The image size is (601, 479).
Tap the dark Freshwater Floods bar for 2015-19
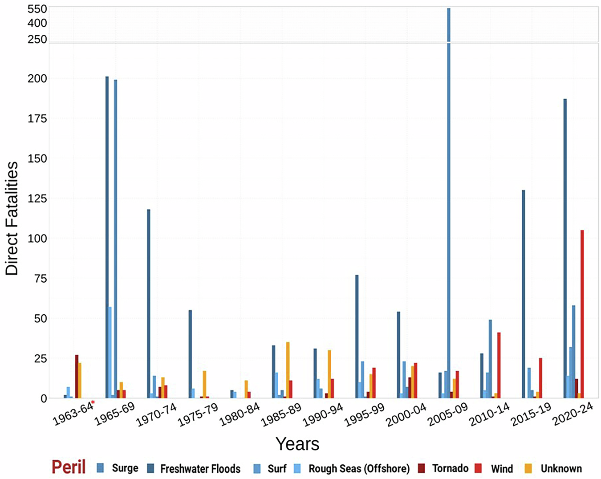click(x=524, y=294)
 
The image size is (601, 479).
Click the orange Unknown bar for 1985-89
click(x=288, y=370)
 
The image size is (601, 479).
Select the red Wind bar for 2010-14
click(x=499, y=365)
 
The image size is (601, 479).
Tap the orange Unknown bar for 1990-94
click(x=329, y=374)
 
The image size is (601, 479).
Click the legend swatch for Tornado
click(x=422, y=468)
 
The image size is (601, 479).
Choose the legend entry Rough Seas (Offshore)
click(x=359, y=469)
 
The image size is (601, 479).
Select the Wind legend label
click(x=502, y=469)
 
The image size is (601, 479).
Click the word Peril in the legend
click(x=69, y=467)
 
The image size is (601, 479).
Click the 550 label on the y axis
click(x=37, y=8)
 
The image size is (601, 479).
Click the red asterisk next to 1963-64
click(x=93, y=402)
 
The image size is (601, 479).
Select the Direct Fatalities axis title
click(x=12, y=218)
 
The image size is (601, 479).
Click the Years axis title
click(x=297, y=444)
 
